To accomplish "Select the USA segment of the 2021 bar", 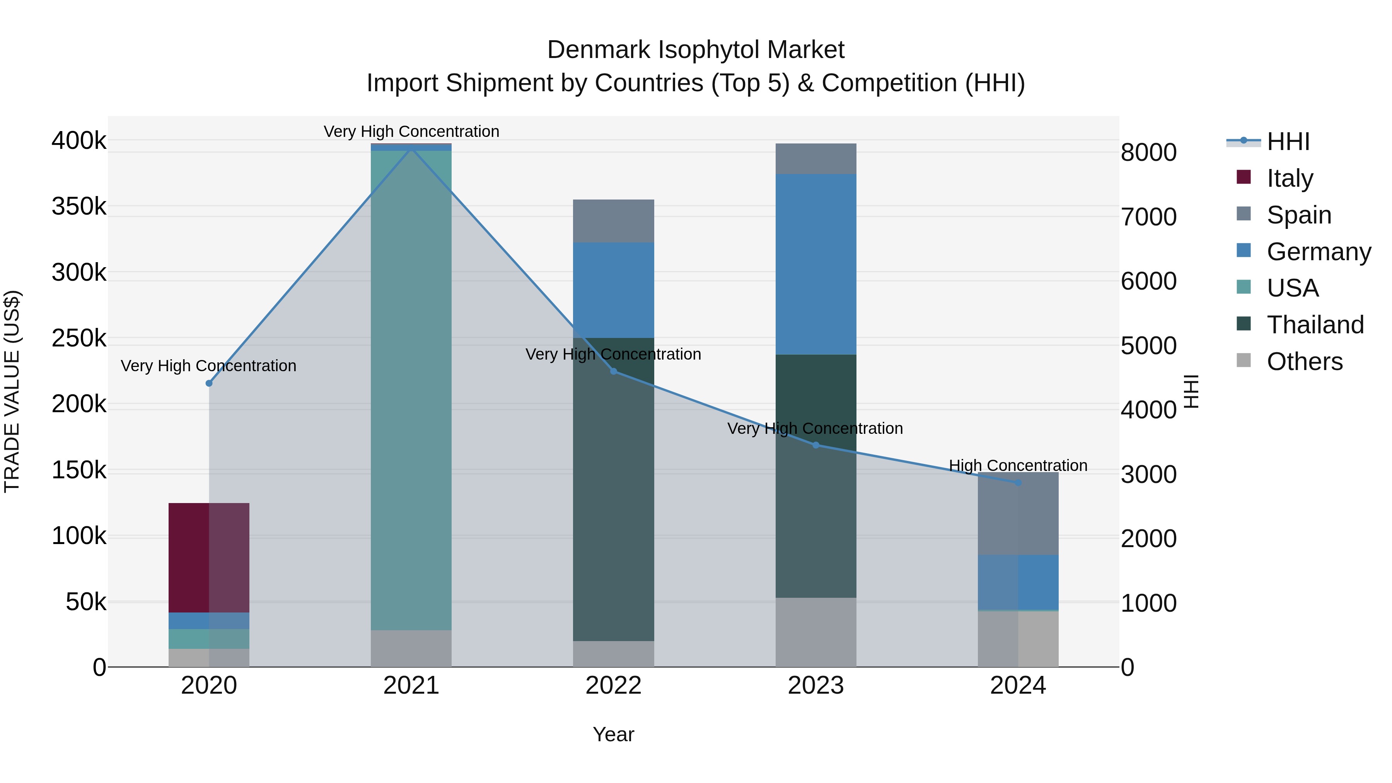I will point(411,389).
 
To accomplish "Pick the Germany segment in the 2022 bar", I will point(613,290).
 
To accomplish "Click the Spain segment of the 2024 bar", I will point(1018,513).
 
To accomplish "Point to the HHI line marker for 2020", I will point(209,383).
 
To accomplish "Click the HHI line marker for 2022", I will point(613,371).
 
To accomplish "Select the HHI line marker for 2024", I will point(1018,483).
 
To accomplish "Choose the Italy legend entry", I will point(1289,178).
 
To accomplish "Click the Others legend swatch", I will point(1244,360).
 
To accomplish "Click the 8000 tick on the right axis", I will point(1148,152).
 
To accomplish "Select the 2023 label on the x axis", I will point(815,686).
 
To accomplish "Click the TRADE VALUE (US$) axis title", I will point(12,391).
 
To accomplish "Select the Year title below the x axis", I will point(613,734).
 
